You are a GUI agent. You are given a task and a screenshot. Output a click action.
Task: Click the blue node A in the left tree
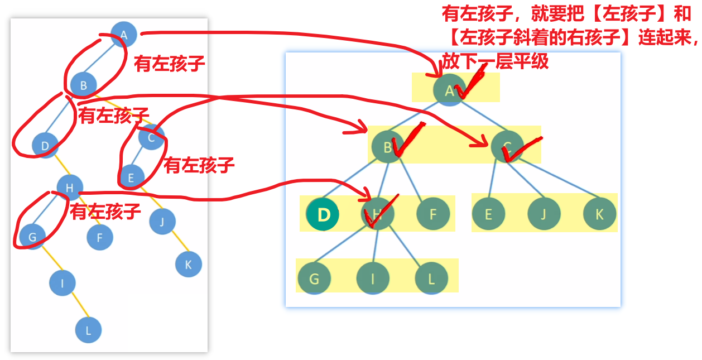pyautogui.click(x=124, y=35)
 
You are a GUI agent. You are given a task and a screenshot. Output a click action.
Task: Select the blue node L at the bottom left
pyautogui.click(x=89, y=330)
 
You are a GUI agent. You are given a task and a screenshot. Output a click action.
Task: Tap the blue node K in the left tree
pyautogui.click(x=188, y=265)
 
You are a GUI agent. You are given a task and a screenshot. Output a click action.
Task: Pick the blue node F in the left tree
pyautogui.click(x=100, y=238)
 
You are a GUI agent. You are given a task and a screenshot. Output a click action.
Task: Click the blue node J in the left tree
pyautogui.click(x=162, y=222)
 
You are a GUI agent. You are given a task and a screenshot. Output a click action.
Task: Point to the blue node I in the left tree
pyautogui.click(x=62, y=283)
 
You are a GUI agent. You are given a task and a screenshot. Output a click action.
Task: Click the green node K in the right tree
pyautogui.click(x=599, y=214)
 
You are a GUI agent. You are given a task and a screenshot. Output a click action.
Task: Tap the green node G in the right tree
pyautogui.click(x=314, y=277)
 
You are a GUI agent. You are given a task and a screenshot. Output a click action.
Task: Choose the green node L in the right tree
pyautogui.click(x=431, y=277)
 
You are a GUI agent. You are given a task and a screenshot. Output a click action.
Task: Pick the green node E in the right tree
pyautogui.click(x=488, y=214)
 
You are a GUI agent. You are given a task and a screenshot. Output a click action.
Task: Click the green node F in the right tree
pyautogui.click(x=432, y=214)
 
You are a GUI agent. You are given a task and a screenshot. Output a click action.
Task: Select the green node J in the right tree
pyautogui.click(x=544, y=214)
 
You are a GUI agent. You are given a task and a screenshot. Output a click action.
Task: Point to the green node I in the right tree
pyautogui.click(x=372, y=277)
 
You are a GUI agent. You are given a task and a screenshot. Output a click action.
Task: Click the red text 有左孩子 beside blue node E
pyautogui.click(x=199, y=165)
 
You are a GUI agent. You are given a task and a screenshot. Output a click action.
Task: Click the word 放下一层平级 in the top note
pyautogui.click(x=496, y=61)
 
